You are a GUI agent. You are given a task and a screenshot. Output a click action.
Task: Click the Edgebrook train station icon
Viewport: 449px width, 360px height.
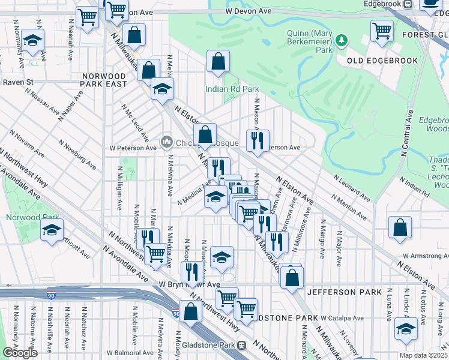[408, 4]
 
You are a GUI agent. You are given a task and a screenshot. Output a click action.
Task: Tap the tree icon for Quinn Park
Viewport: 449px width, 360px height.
[342, 40]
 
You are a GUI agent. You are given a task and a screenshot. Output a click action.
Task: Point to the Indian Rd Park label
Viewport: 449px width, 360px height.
[232, 89]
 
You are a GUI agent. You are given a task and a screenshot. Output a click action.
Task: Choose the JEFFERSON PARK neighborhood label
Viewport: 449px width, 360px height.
[344, 292]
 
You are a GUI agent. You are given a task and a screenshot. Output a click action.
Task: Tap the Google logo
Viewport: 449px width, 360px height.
[20, 353]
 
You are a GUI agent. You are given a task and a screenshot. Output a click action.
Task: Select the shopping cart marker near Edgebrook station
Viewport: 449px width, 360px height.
[382, 31]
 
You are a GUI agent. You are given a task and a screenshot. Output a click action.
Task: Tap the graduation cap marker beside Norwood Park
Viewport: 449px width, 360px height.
[52, 230]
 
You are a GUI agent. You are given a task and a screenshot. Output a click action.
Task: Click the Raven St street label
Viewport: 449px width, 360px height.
[17, 81]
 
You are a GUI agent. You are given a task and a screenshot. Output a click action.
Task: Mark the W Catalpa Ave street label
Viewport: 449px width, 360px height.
[342, 318]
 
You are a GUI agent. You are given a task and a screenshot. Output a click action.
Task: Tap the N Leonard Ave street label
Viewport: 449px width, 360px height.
[352, 186]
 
